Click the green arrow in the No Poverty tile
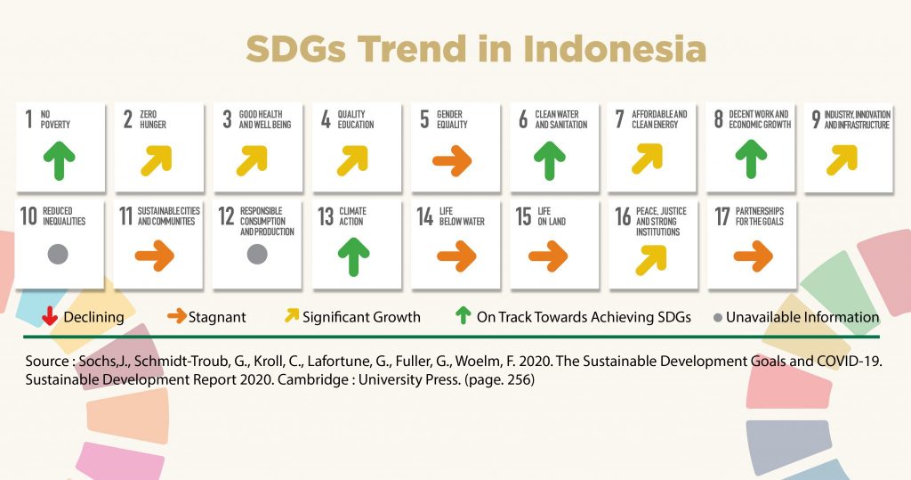click(59, 160)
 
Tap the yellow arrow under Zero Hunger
click(157, 160)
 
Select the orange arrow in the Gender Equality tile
click(452, 160)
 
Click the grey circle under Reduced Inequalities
click(58, 254)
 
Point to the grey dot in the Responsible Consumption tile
click(257, 254)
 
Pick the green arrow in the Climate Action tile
click(353, 256)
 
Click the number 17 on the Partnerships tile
click(722, 216)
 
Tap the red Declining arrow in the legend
click(50, 316)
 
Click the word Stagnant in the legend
click(217, 317)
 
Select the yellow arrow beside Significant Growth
click(291, 314)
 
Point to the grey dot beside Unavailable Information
click(718, 318)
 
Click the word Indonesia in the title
click(615, 49)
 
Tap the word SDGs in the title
click(295, 49)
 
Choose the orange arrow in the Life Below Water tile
click(456, 256)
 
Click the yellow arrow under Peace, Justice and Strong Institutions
click(650, 259)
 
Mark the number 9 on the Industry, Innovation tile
click(816, 119)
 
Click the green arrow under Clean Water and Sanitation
click(549, 160)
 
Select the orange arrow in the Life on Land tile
click(548, 256)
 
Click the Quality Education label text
click(356, 119)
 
